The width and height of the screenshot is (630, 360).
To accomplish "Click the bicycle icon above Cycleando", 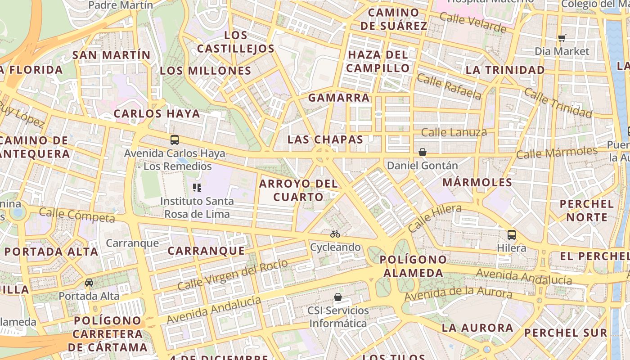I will point(335,234).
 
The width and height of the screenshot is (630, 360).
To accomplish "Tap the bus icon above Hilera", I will point(512,234).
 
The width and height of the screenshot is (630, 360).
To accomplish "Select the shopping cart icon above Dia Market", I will point(562,38).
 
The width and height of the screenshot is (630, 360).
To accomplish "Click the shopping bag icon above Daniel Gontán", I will point(422,153).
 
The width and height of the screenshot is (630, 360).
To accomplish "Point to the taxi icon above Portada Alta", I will point(89,283).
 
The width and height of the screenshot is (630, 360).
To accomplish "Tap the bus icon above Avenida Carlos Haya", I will point(175,140).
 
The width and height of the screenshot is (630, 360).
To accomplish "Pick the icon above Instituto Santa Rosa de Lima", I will point(197,188).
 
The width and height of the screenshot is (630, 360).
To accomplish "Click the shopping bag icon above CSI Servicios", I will point(338,297).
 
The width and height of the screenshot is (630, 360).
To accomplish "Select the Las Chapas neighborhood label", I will point(325,139).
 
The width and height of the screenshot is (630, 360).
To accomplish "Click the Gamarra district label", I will point(338,98).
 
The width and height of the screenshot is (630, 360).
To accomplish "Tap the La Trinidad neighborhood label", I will point(505,70).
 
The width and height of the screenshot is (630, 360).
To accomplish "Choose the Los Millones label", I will point(205,71).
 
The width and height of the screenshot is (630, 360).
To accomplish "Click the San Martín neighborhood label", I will point(111,55).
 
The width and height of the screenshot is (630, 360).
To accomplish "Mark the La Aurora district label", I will point(477,328).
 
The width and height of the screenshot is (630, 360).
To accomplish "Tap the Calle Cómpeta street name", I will point(77,215).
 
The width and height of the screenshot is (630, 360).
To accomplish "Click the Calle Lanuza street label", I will point(454,132).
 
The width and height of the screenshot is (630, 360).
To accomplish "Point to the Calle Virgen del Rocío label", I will point(232,274).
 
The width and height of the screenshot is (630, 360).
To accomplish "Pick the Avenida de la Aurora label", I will point(458,295).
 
